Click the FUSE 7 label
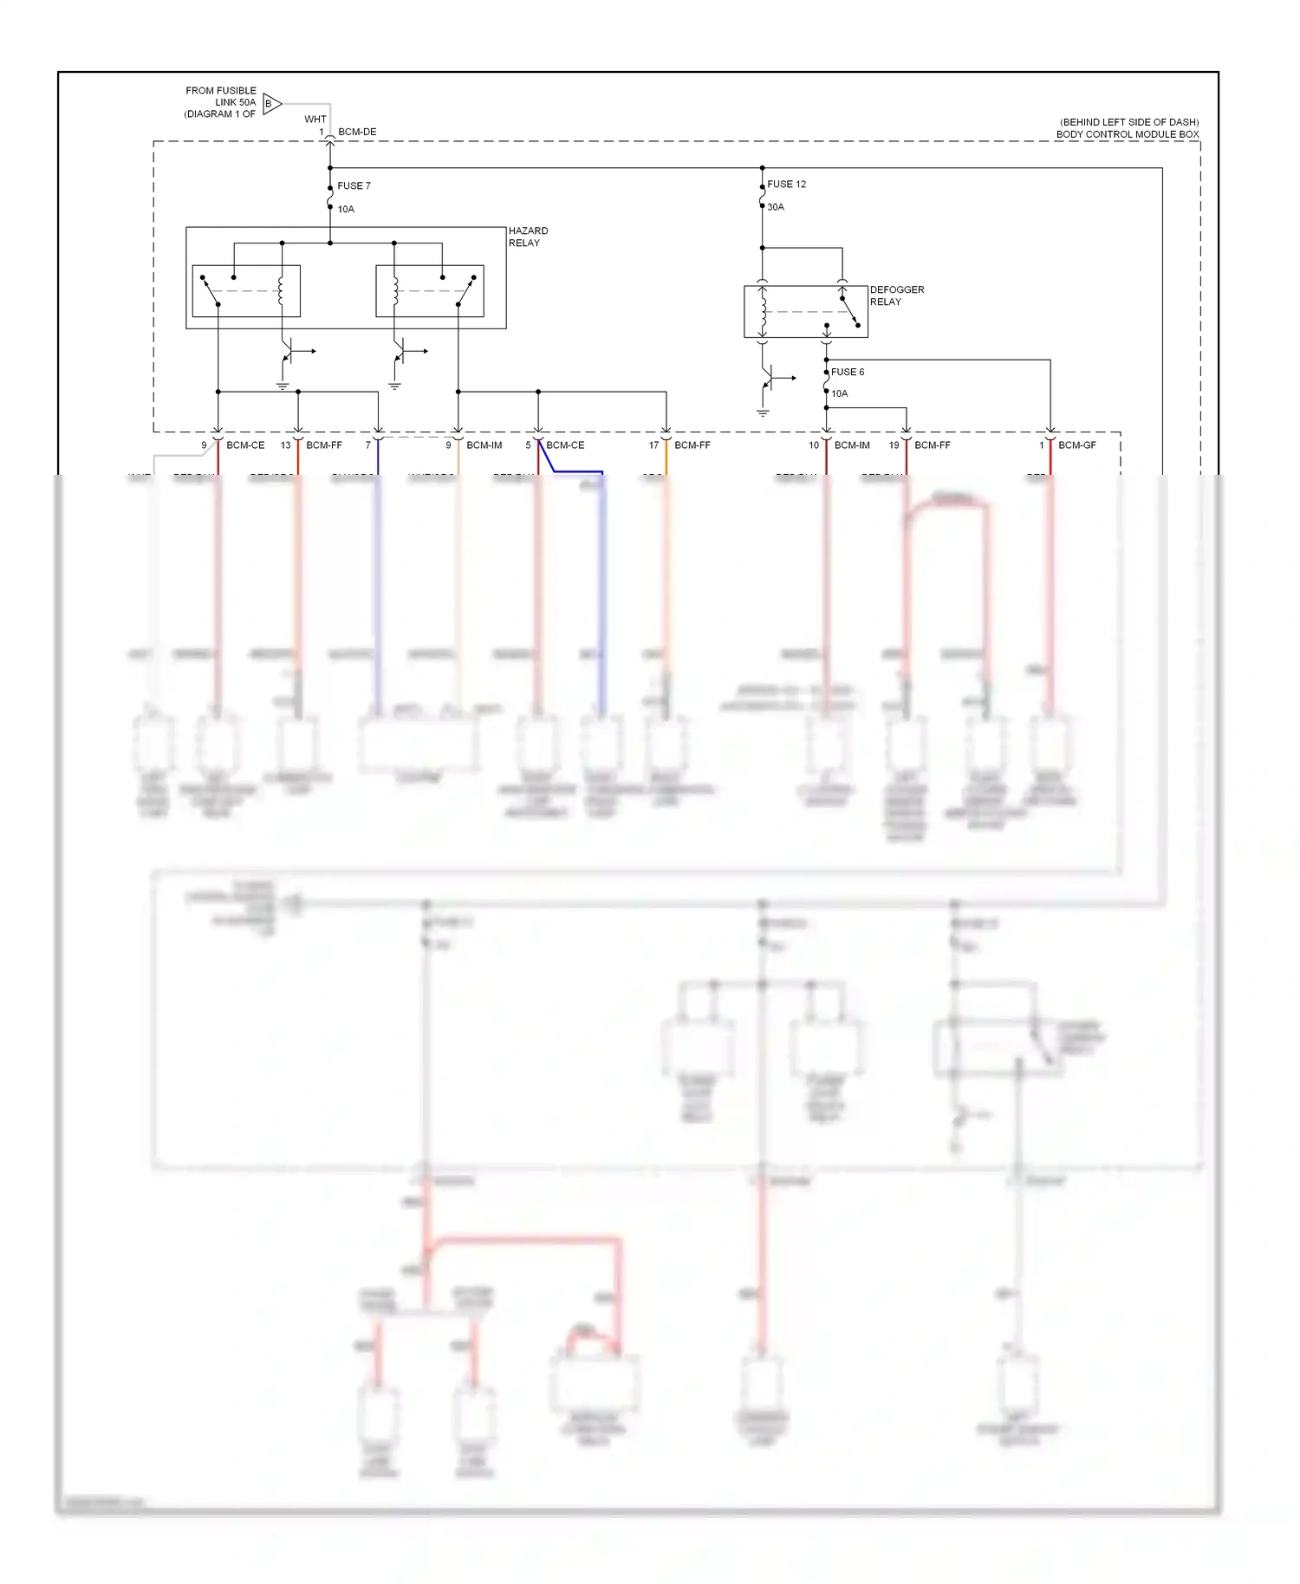(354, 186)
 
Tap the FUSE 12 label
(786, 185)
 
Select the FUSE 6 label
(847, 373)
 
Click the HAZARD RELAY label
(528, 237)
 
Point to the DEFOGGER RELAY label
(896, 295)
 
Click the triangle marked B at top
(271, 104)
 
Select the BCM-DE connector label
(357, 133)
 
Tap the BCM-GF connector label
(1076, 445)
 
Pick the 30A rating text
(775, 207)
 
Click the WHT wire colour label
(315, 120)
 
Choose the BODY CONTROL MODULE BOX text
(1127, 134)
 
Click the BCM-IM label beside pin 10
(852, 445)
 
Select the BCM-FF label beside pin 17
(692, 445)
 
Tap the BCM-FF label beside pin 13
(323, 445)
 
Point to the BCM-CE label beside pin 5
(565, 445)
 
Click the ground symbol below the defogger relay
(763, 412)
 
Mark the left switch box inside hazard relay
(246, 291)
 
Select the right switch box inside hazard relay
(429, 291)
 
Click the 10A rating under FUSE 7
(346, 210)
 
